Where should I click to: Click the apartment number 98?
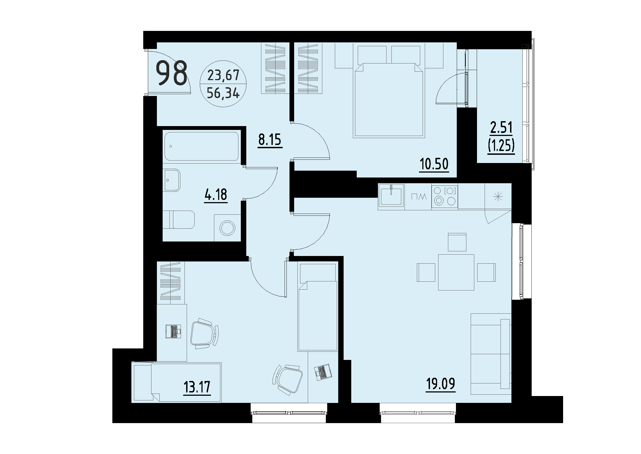171,73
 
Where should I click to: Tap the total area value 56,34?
223,93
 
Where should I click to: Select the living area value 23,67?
223,75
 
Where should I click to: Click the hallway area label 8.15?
270,139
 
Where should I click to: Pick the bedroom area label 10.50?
434,164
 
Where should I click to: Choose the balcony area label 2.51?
501,127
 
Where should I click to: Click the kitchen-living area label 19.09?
440,384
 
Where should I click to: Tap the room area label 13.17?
197,388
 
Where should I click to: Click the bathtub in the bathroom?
201,146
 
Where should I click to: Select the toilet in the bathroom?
180,219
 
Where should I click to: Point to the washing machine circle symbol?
227,228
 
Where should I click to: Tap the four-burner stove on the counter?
444,196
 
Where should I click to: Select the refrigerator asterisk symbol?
498,197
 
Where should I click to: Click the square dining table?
456,272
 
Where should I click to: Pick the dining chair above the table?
457,242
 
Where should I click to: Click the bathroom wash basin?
172,180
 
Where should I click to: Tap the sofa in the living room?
491,354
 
